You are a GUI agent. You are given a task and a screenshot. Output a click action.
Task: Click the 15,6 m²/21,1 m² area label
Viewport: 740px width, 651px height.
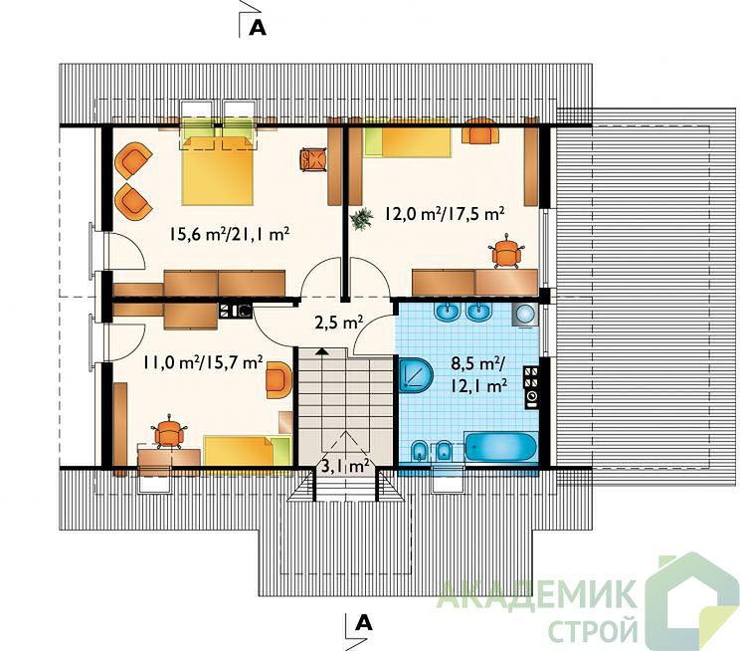click(229, 234)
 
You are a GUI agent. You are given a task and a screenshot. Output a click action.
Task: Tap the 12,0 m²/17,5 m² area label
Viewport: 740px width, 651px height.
click(445, 214)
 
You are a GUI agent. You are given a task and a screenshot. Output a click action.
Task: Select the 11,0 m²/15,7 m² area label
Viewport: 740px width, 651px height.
click(203, 362)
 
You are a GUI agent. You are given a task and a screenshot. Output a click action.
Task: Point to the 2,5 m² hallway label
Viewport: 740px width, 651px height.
click(338, 324)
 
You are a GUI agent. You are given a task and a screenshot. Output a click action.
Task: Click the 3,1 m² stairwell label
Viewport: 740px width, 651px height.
click(345, 467)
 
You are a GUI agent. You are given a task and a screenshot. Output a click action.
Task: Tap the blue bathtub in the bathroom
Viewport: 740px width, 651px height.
click(500, 446)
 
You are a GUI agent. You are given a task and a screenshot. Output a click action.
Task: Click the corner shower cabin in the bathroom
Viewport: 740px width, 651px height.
click(416, 374)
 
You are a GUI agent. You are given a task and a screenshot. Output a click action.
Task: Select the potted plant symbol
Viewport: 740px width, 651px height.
click(361, 220)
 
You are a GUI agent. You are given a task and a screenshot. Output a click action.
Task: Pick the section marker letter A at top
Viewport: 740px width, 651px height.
click(258, 28)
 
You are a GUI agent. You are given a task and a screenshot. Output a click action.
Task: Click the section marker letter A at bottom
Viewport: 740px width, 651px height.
click(363, 623)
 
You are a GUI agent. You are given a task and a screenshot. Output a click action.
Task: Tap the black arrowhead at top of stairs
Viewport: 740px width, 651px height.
click(321, 351)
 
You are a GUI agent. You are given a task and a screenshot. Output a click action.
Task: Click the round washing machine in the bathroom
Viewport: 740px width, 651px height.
click(525, 314)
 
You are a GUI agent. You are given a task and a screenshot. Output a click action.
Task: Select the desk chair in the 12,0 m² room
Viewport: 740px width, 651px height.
click(507, 252)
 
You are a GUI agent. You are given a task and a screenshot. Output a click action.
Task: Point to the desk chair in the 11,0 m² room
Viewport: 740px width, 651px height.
click(168, 432)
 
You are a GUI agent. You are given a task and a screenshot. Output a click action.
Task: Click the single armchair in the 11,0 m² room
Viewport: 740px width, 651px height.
click(278, 379)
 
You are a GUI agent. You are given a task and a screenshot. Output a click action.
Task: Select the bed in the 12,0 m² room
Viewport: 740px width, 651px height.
click(407, 141)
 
